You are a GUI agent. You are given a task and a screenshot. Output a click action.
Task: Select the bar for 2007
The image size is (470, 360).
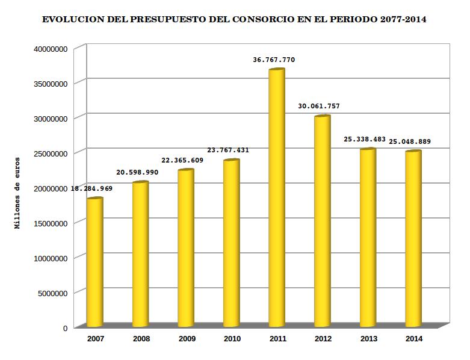pyautogui.click(x=94, y=262)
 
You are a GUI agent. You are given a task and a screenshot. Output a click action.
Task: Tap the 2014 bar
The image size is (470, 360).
pyautogui.click(x=413, y=238)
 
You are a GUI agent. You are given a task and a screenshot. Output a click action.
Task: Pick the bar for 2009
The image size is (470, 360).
pyautogui.click(x=186, y=247)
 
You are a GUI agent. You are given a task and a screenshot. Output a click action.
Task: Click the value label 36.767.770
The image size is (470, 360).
pyautogui.click(x=274, y=60)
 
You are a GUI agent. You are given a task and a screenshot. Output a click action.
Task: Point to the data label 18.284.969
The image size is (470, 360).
pyautogui.click(x=92, y=188)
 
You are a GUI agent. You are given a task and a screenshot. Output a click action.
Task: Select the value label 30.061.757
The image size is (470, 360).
pyautogui.click(x=319, y=106)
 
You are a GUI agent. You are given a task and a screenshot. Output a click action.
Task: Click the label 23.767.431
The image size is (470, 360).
pyautogui.click(x=228, y=150)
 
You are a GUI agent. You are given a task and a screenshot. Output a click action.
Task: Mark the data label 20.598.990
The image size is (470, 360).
pyautogui.click(x=137, y=172)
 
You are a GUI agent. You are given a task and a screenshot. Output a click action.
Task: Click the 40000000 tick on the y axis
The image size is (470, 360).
pyautogui.click(x=47, y=49)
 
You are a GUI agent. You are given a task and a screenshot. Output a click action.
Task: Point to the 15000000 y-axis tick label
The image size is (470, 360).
pyautogui.click(x=47, y=223)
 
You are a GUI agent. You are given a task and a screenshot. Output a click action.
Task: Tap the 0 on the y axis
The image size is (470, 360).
pyautogui.click(x=64, y=328)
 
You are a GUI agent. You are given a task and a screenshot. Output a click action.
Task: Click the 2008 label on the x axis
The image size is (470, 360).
pyautogui.click(x=141, y=339)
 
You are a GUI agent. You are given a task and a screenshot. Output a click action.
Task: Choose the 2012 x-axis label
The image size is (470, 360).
pyautogui.click(x=323, y=339)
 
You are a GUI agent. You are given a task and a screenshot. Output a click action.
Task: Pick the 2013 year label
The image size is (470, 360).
pyautogui.click(x=368, y=339)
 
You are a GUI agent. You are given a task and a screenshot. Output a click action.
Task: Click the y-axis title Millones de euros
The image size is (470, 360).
pyautogui.click(x=18, y=193)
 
